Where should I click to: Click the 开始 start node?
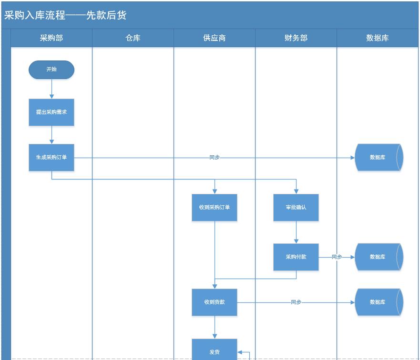tap(51, 70)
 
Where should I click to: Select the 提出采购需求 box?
tap(51, 112)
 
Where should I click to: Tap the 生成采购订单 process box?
tap(51, 157)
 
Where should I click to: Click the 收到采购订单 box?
tap(215, 207)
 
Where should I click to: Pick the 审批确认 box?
tap(296, 207)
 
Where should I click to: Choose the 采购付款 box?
tap(296, 257)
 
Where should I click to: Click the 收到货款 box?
tap(215, 302)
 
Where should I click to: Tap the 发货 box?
tap(215, 351)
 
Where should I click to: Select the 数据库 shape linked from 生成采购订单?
tap(379, 157)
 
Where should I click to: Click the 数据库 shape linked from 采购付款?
tap(379, 257)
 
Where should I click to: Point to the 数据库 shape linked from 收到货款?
tap(379, 302)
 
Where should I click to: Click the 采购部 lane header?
tap(51, 38)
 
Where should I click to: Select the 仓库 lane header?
tap(133, 38)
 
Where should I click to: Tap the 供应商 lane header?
tap(215, 38)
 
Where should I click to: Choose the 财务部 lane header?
tap(296, 38)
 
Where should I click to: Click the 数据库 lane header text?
tap(378, 38)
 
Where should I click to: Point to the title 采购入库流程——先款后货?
tap(65, 15)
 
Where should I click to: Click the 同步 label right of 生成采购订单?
tap(215, 157)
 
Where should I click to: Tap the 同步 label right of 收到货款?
tap(296, 302)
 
